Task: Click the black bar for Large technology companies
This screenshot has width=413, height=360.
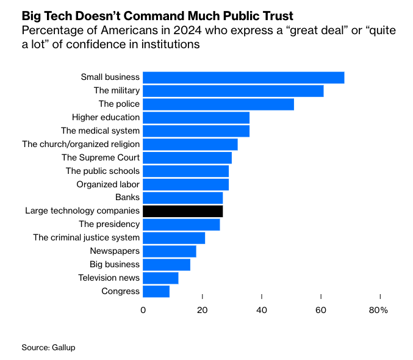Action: point(183,211)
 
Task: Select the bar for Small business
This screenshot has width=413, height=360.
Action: point(243,77)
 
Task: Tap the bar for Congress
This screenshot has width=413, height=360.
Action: point(156,291)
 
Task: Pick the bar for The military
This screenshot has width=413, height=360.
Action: point(233,91)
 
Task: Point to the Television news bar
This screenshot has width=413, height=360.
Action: point(160,278)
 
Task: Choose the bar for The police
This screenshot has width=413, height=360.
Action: point(218,104)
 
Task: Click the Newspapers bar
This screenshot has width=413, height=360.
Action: point(170,251)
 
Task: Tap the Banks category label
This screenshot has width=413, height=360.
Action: point(127,198)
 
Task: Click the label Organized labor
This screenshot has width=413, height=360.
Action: point(108,184)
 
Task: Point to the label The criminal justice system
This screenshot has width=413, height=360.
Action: point(86,237)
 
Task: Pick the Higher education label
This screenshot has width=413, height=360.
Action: point(106,117)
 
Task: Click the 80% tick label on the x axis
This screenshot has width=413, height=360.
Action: point(378,311)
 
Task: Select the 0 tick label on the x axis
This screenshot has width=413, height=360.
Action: point(143,311)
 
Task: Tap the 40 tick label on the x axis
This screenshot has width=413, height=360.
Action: point(262,311)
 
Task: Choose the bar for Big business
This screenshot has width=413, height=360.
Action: point(167,264)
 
